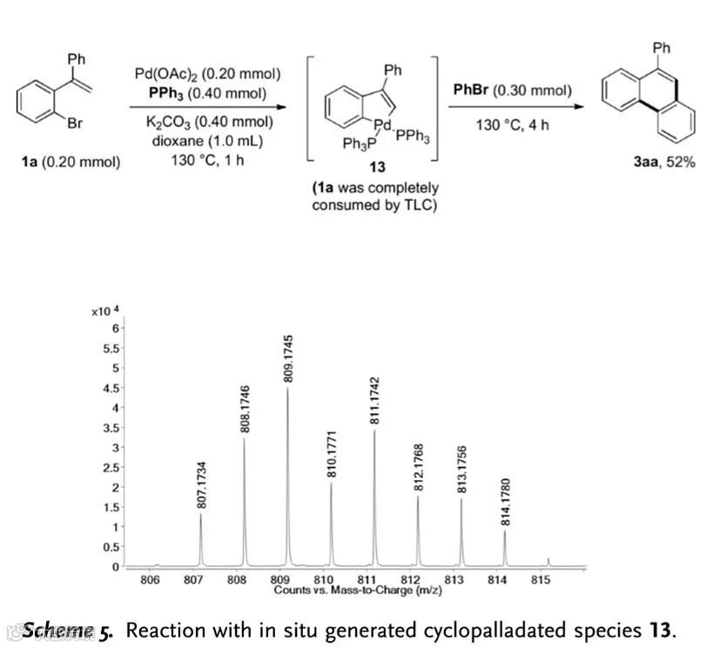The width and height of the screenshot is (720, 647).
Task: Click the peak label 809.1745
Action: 288,357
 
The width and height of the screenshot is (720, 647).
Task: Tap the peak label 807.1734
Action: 202,485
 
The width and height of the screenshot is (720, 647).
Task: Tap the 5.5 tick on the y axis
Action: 108,348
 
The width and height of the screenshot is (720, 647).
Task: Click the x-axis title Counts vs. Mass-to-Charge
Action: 344,590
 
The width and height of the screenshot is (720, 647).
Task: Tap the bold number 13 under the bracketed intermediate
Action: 377,170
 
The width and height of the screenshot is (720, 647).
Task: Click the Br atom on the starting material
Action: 75,123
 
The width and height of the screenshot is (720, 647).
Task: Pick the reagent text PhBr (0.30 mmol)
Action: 513,90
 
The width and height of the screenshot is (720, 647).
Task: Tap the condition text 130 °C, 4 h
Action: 513,125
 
